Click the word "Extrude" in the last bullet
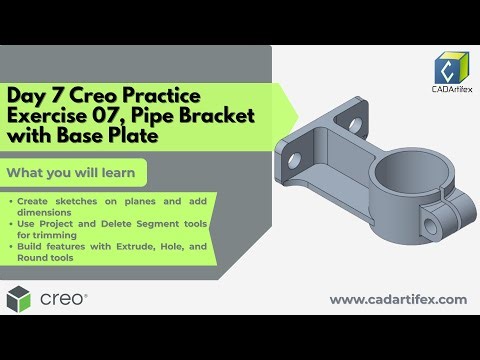point(154,246)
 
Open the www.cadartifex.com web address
point(398,299)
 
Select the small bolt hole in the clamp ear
point(435,217)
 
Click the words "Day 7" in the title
point(33,96)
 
